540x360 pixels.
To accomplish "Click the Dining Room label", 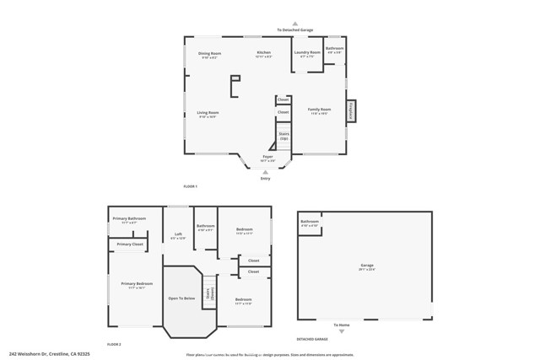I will pos(209,54).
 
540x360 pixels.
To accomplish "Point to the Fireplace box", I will pos(353,110).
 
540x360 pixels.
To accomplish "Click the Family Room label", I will pos(319,110).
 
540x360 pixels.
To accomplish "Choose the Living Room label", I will pos(208,113).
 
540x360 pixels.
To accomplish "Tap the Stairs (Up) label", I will pos(284,136).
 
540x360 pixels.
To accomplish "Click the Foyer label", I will pos(267,157).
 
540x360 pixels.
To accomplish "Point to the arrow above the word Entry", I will pos(266,173).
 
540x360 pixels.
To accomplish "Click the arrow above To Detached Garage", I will pos(294,24).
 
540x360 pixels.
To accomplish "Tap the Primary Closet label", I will pos(130,244).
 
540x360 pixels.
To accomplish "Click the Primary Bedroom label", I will pos(136,284).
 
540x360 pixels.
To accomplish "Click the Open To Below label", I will pos(181,298).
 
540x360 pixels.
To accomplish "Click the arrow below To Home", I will pos(341,331).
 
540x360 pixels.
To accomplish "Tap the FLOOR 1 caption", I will pos(190,186).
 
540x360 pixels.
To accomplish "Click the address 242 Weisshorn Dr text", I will pos(50,354).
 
